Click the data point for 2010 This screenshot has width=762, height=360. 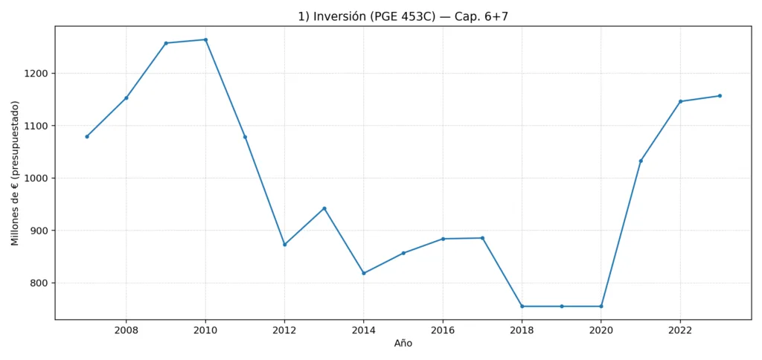pyautogui.click(x=205, y=39)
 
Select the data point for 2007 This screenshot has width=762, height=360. pyautogui.click(x=87, y=136)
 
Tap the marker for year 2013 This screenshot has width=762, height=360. pyautogui.click(x=324, y=208)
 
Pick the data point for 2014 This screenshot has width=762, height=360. pyautogui.click(x=364, y=273)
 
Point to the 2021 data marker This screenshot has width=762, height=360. pyautogui.click(x=641, y=161)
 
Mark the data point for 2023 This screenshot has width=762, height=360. pyautogui.click(x=720, y=96)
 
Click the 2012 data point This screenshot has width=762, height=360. pyautogui.click(x=284, y=244)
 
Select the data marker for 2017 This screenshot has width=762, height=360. pyautogui.click(x=482, y=238)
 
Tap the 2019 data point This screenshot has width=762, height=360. pyautogui.click(x=562, y=306)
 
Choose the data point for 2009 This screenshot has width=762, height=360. pyautogui.click(x=166, y=43)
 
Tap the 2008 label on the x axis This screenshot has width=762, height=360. pyautogui.click(x=126, y=330)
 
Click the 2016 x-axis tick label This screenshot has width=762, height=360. pyautogui.click(x=443, y=330)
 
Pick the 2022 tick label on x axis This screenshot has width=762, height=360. pyautogui.click(x=680, y=330)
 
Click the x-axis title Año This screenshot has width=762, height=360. pyautogui.click(x=403, y=344)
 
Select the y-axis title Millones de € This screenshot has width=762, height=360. pyautogui.click(x=16, y=173)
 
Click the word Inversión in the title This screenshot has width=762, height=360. pyautogui.click(x=336, y=16)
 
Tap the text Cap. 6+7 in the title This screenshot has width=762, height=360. pyautogui.click(x=482, y=16)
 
